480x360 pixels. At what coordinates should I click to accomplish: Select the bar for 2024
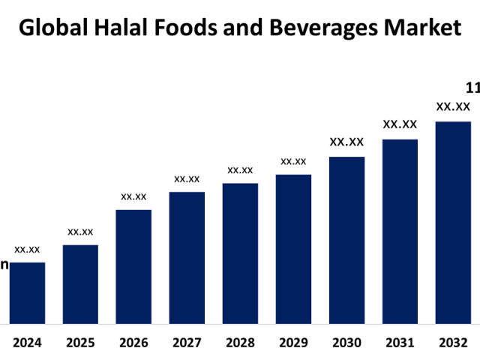pos(27,293)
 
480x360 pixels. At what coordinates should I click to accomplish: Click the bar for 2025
pos(80,284)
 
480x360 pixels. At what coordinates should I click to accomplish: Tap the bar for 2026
pos(133,267)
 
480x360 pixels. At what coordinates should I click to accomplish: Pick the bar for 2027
pos(187,258)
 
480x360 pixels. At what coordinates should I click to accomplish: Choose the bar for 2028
pos(240,253)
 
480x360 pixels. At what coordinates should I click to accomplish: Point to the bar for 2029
pos(293,249)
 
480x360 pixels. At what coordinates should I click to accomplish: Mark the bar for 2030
pos(346,240)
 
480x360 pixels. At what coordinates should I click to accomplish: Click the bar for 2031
pos(400,232)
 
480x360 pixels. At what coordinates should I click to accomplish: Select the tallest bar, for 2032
pos(453,223)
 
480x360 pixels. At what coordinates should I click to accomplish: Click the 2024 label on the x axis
pos(27,343)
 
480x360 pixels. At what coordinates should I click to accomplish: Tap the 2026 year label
pos(133,343)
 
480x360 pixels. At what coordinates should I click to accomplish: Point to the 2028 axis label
pos(240,343)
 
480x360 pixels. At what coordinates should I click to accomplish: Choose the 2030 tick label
pos(346,343)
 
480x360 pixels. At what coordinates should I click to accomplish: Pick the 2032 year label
pos(453,343)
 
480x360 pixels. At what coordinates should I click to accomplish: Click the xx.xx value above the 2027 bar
pos(187,178)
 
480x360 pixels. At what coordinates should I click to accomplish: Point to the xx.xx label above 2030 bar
pos(346,142)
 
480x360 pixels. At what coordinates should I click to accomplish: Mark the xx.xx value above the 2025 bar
pos(80,232)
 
